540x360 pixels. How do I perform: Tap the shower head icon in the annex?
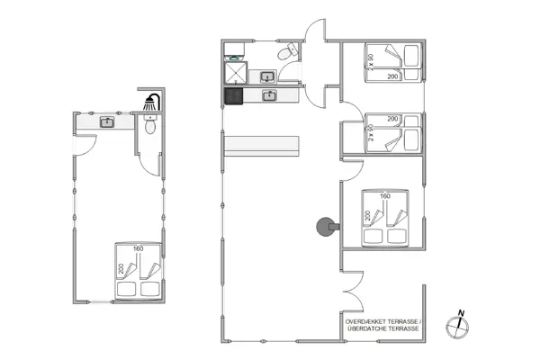(x=153, y=104)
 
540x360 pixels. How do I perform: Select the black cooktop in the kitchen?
(x=234, y=94)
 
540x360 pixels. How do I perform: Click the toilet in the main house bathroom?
(x=286, y=56)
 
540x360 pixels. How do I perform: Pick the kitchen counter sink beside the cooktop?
(x=268, y=94)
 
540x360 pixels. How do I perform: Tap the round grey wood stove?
(x=322, y=228)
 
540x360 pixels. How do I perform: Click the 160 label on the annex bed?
(x=138, y=248)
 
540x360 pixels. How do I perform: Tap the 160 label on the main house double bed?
(x=385, y=196)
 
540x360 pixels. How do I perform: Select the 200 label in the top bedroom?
(x=392, y=77)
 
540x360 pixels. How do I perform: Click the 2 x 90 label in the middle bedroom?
(x=370, y=132)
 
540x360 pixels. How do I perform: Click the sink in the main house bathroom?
(x=267, y=76)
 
